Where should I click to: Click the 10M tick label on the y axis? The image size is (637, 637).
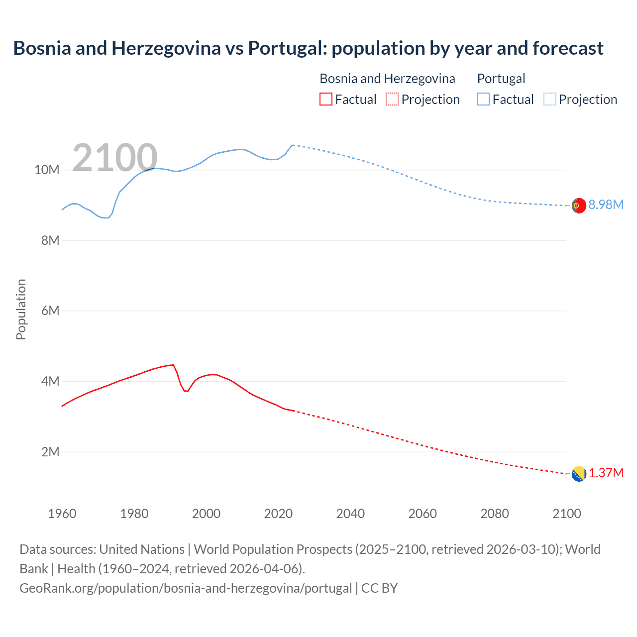pos(47,170)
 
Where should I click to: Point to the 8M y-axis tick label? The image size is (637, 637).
pos(50,240)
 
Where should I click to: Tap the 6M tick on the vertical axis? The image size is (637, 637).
pos(50,311)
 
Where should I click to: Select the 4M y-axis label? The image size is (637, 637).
pos(50,382)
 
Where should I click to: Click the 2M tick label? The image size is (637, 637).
pos(50,452)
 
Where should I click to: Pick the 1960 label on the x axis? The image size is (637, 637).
pos(62,514)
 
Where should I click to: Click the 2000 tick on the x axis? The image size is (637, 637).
pos(206,514)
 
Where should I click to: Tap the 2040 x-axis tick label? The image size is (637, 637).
pos(350,514)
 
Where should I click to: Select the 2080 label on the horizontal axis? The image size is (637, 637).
pos(495,514)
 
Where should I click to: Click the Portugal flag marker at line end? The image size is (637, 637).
pos(579,205)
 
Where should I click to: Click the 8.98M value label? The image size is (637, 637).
pos(606,205)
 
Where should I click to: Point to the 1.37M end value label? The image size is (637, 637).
pos(606,473)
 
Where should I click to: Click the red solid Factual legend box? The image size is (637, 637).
pos(326,99)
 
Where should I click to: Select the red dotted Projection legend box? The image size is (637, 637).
pos(392,99)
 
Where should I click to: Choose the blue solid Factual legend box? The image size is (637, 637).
pos(483,99)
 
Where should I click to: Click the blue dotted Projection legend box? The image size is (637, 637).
pos(550,99)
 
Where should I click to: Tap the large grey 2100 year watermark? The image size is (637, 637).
pos(115,158)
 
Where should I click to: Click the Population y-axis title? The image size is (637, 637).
pos(21,309)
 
